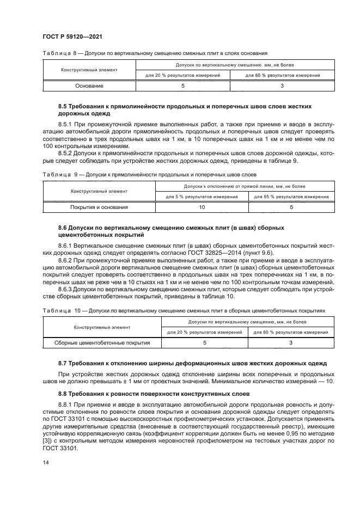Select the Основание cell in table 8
pos(89,85)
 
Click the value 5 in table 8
pos(182,85)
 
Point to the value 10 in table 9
pos(202,207)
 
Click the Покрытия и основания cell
pos(99,207)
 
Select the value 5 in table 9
pos(291,207)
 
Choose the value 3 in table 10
pos(291,343)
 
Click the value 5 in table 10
pos(205,343)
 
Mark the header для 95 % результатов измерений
pos(291,196)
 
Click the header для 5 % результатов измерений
pos(202,196)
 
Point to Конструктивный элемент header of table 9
pos(99,191)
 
